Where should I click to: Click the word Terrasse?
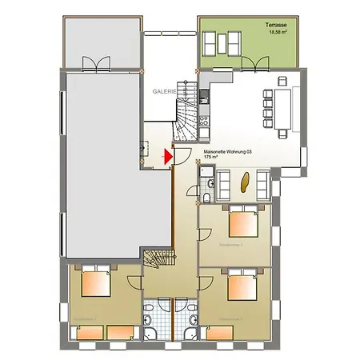[277, 26]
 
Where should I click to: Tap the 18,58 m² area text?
[277, 33]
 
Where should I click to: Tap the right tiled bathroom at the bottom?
[187, 321]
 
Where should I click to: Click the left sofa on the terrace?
[214, 42]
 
